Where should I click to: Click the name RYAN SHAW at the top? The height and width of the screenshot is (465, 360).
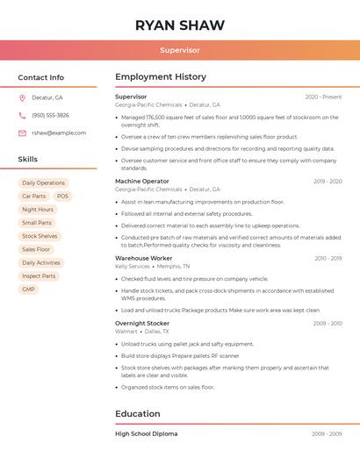click(180, 25)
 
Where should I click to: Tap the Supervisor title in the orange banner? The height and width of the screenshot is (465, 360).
click(180, 50)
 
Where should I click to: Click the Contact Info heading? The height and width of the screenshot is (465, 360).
click(40, 77)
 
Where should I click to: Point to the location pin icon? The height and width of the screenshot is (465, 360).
click(22, 98)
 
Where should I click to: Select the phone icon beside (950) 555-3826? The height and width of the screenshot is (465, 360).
click(22, 116)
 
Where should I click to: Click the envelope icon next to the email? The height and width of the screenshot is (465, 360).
click(22, 133)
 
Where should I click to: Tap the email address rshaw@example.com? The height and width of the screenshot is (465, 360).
click(59, 133)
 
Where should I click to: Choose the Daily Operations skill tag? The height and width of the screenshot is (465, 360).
click(43, 183)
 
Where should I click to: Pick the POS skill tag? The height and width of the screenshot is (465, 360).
click(62, 197)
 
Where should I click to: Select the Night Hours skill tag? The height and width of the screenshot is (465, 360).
click(38, 210)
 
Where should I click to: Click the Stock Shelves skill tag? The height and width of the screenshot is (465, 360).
click(40, 236)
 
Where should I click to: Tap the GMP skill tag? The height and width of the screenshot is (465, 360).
click(29, 290)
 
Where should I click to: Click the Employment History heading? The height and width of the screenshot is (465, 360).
click(161, 77)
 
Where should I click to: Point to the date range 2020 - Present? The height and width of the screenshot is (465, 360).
click(323, 97)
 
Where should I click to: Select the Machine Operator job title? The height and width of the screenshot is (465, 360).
click(142, 181)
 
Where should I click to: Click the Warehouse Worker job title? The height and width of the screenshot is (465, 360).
click(144, 258)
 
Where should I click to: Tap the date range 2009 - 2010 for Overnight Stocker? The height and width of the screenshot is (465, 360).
click(327, 324)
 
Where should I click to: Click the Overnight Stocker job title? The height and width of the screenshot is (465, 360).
click(142, 323)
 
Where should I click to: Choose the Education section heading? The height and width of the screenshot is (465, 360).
click(138, 414)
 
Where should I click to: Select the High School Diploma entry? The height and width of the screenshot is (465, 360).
click(146, 433)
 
